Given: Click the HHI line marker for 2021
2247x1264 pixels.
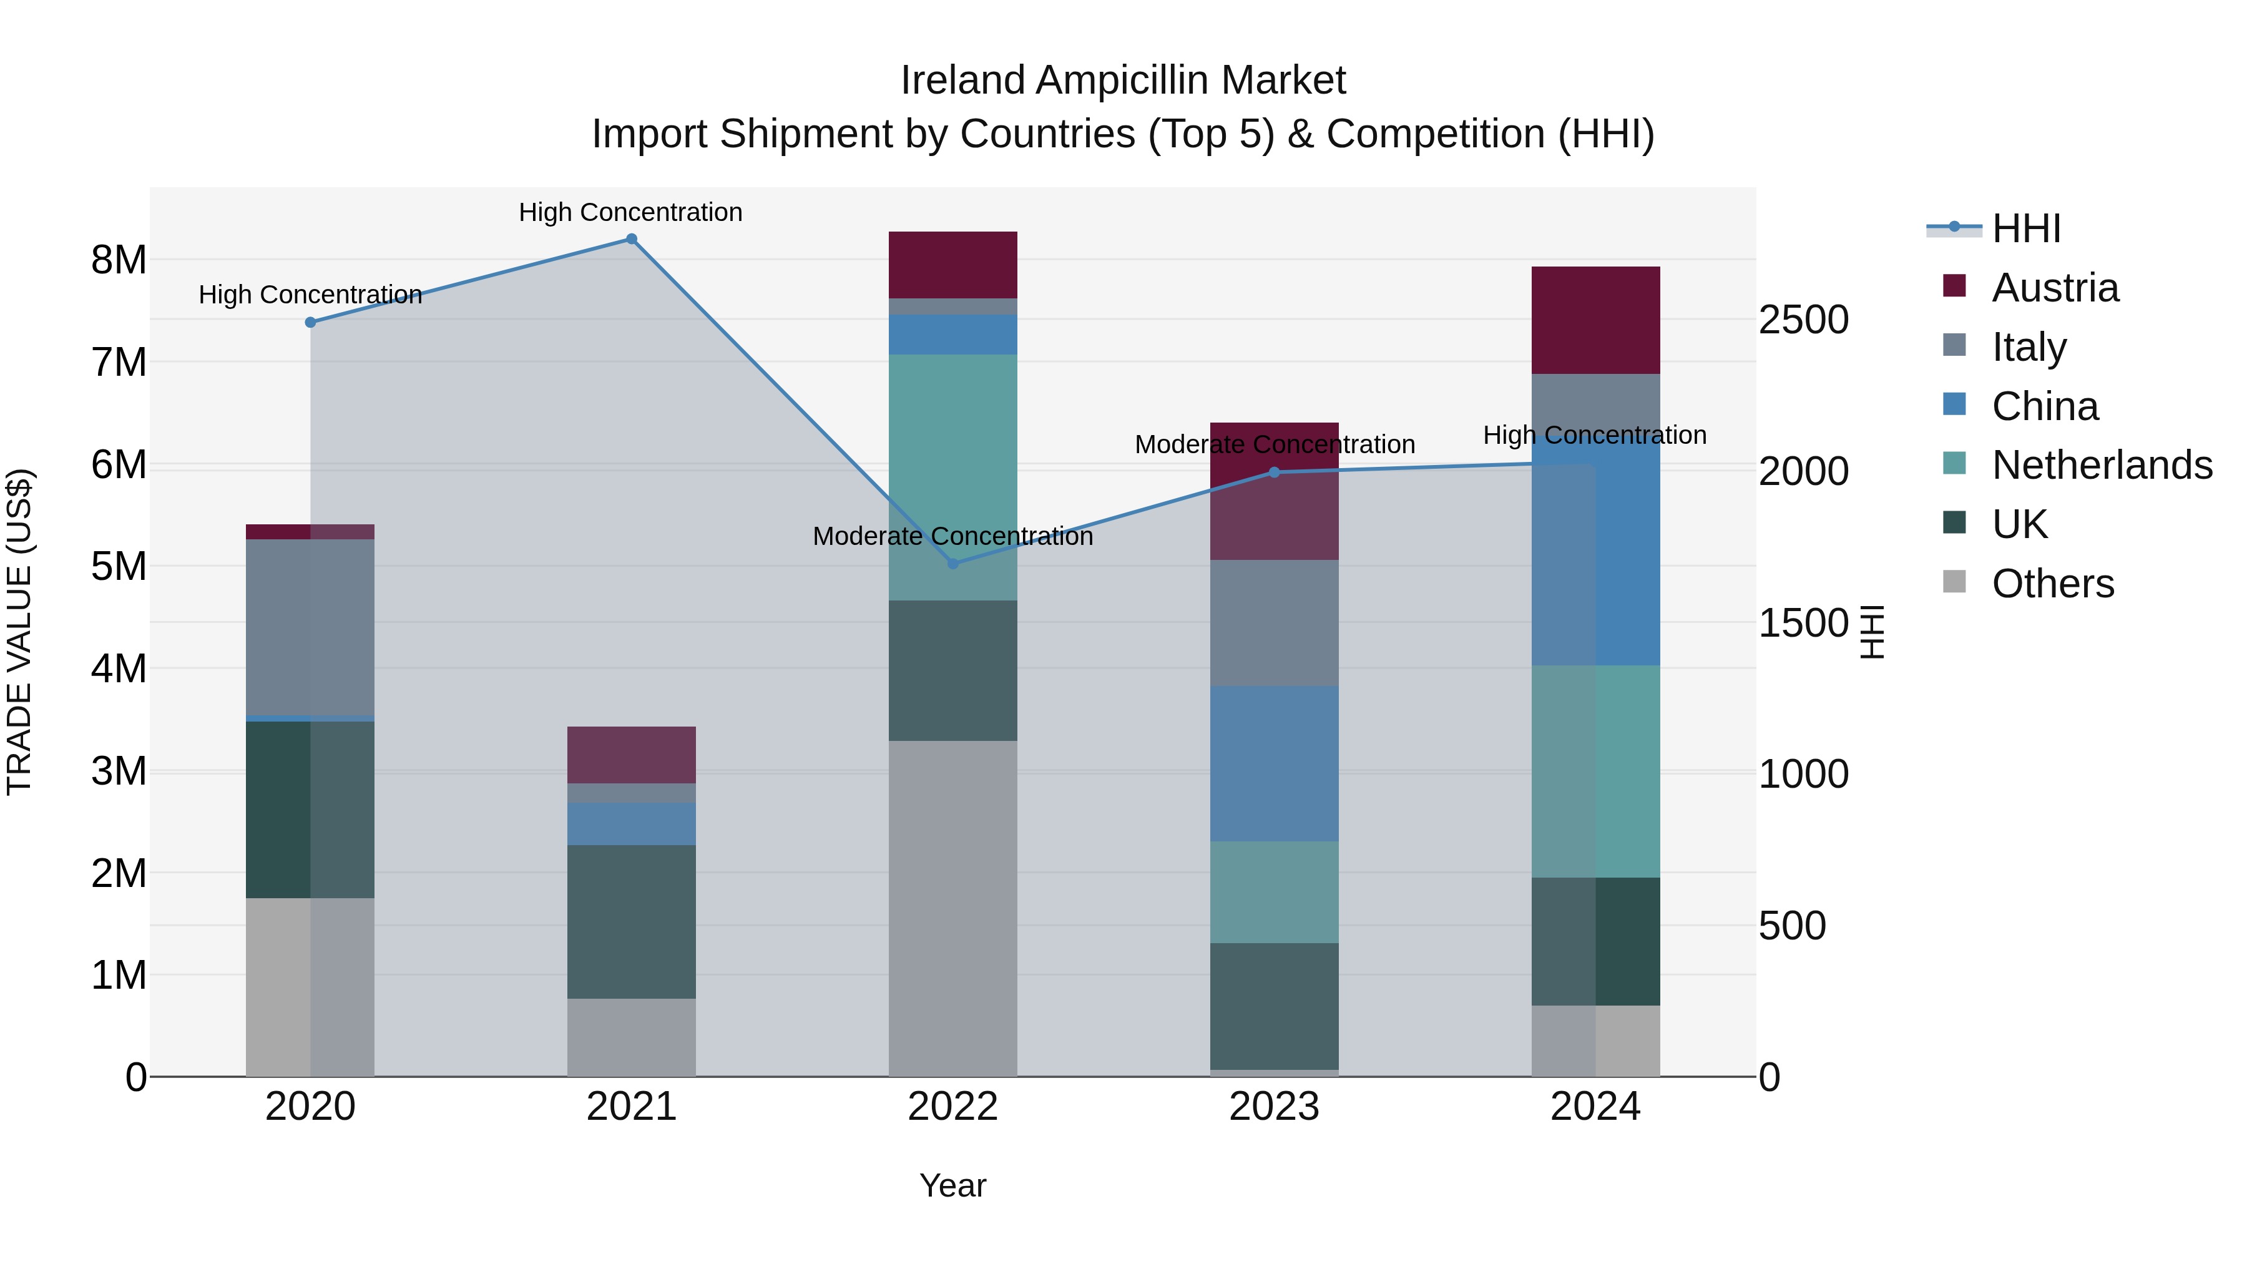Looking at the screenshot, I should [632, 239].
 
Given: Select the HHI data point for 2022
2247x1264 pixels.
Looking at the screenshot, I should [952, 564].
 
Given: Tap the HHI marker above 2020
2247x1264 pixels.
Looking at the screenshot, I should [311, 322].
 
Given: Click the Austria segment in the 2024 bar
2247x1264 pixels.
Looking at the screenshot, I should [1595, 320].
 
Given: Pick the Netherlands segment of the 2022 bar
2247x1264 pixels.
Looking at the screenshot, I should [952, 476].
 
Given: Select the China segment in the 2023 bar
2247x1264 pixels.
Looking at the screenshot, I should [1273, 763].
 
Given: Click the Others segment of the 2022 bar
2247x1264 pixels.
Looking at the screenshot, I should [952, 907].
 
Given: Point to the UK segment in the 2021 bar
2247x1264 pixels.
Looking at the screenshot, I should [632, 921].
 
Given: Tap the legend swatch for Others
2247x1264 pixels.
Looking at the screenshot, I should [1955, 582].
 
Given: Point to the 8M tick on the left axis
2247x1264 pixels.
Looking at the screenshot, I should [119, 260].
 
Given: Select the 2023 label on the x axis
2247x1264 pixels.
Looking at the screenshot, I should [1273, 1107].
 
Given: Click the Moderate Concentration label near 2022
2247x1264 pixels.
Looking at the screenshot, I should [952, 536].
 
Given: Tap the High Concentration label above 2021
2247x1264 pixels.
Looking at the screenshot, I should [630, 212].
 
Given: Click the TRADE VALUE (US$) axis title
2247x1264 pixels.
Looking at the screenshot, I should [19, 632].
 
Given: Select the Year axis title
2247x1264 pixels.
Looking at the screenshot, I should [952, 1185].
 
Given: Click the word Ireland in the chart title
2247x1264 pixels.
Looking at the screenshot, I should [963, 81].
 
